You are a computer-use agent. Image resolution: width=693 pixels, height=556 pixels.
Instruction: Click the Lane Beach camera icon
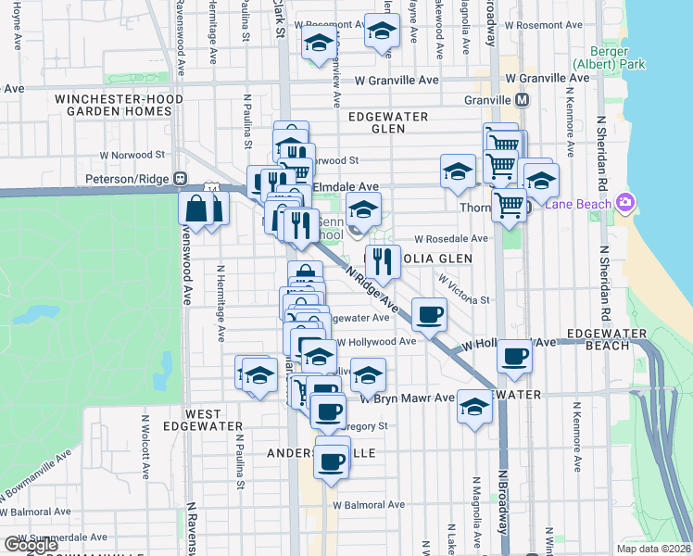[x=625, y=203]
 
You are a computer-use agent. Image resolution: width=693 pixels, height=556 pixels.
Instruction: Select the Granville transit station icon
[x=523, y=100]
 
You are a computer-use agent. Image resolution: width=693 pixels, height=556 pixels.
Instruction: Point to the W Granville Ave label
[x=401, y=81]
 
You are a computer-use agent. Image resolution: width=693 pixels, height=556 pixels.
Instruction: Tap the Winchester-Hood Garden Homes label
[x=113, y=105]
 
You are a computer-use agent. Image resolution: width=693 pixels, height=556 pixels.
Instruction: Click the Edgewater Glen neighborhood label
[x=388, y=122]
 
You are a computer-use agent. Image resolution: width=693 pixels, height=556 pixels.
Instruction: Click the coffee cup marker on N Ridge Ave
[x=428, y=315]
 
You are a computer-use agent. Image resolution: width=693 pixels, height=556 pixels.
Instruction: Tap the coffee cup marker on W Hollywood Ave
[x=514, y=355]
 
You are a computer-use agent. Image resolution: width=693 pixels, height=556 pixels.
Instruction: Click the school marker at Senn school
[x=364, y=208]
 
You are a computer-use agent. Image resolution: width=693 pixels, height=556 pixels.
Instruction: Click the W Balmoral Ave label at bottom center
[x=368, y=505]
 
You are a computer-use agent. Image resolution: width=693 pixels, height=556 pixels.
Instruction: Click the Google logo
[x=31, y=545]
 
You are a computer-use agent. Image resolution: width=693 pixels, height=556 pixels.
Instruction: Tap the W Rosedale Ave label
[x=450, y=238]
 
